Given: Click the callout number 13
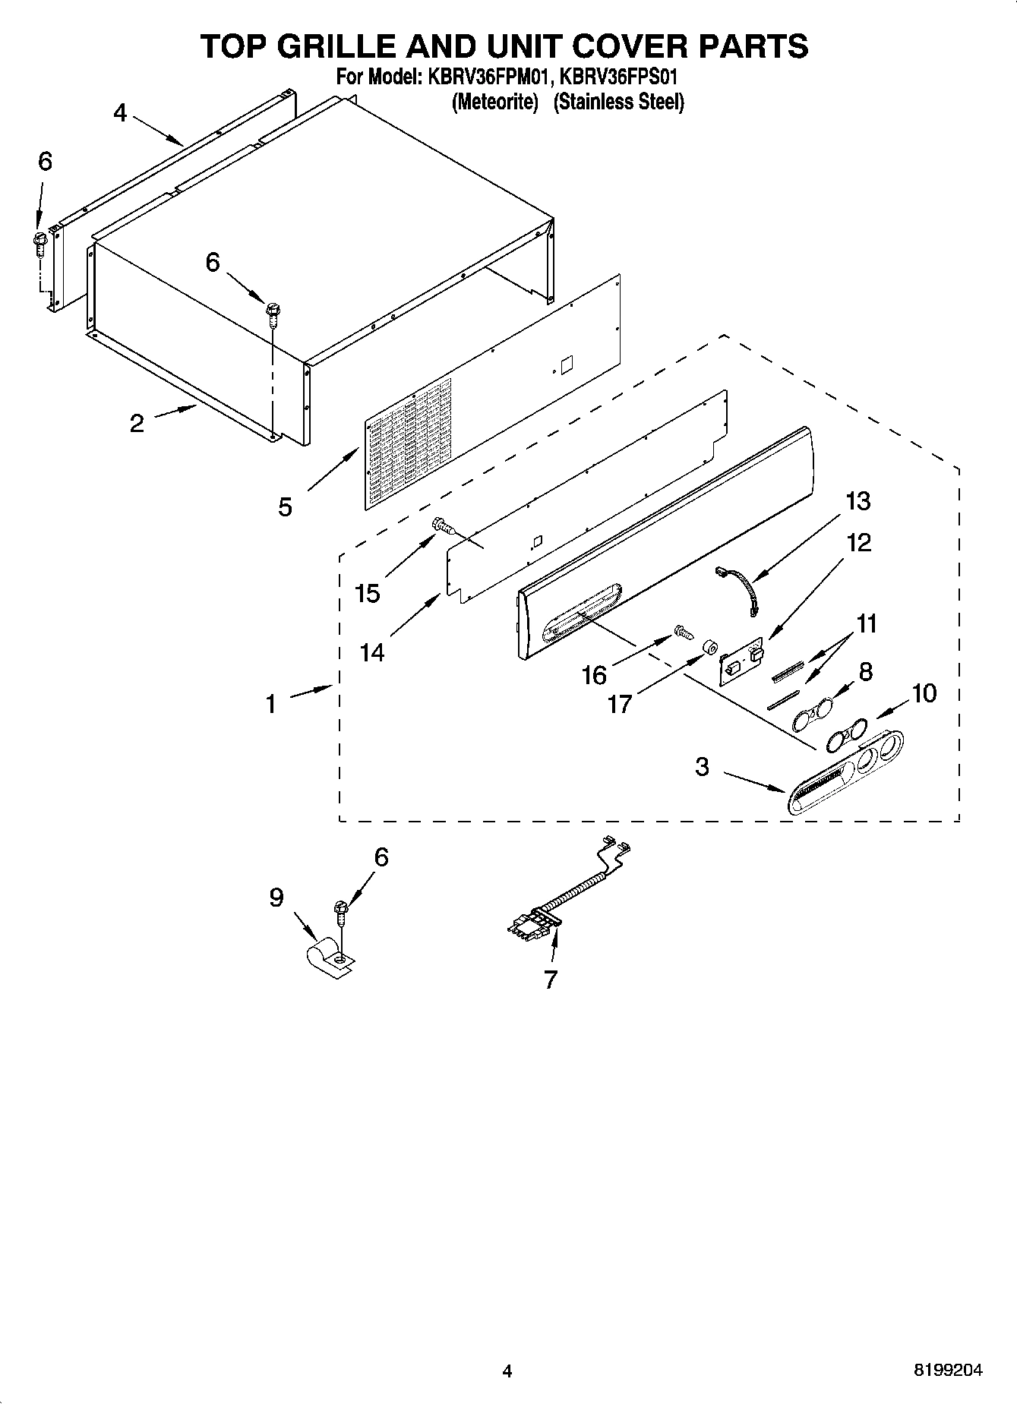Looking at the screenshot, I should (x=858, y=502).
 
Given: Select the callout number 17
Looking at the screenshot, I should (x=620, y=704).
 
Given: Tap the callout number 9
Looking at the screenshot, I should (x=276, y=898).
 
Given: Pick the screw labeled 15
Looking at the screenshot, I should (x=442, y=525).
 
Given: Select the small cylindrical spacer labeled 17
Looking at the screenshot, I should (x=711, y=648).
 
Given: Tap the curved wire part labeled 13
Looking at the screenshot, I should (x=737, y=587).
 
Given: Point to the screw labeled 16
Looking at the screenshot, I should (x=682, y=631).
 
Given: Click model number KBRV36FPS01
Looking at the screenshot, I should (x=620, y=77).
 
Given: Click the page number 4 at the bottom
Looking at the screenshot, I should (x=507, y=1371).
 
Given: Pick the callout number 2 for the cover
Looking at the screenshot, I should (x=137, y=423).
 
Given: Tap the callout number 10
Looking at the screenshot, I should (x=924, y=693).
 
